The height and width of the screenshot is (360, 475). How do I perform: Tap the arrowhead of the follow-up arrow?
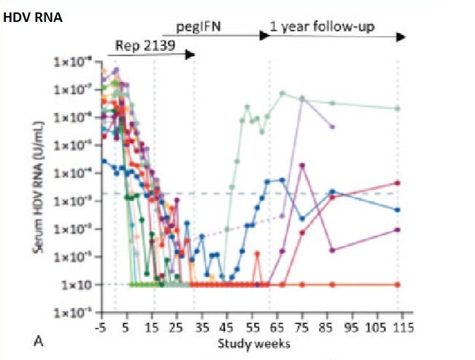click(x=402, y=36)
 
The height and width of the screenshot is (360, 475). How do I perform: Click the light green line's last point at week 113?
click(x=398, y=108)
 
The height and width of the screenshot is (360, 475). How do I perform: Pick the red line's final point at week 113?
click(x=398, y=183)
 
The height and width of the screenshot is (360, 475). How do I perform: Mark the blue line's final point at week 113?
click(x=398, y=210)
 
